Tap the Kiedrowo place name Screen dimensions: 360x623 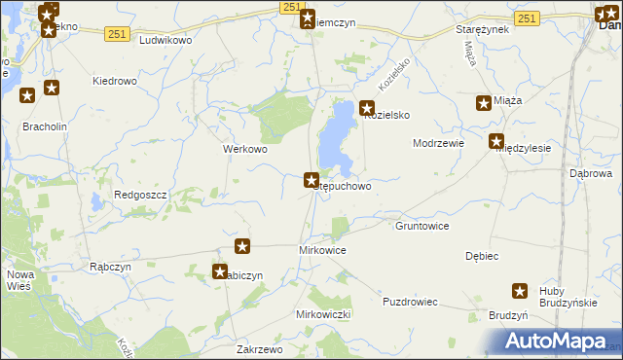tap(114, 82)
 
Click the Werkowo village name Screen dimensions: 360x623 tap(245, 150)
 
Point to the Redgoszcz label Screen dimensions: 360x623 tap(141, 196)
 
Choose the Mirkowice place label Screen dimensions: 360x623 tap(321, 250)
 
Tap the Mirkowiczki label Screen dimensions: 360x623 tap(322, 315)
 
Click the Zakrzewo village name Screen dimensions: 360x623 tap(259, 349)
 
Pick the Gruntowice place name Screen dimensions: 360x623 tap(421, 226)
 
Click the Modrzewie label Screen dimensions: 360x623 tap(438, 143)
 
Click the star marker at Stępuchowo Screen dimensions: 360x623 tap(311, 180)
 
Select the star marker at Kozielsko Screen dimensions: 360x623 tap(367, 110)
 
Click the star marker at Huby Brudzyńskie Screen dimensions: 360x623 tap(521, 291)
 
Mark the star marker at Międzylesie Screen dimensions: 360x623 tap(496, 141)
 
